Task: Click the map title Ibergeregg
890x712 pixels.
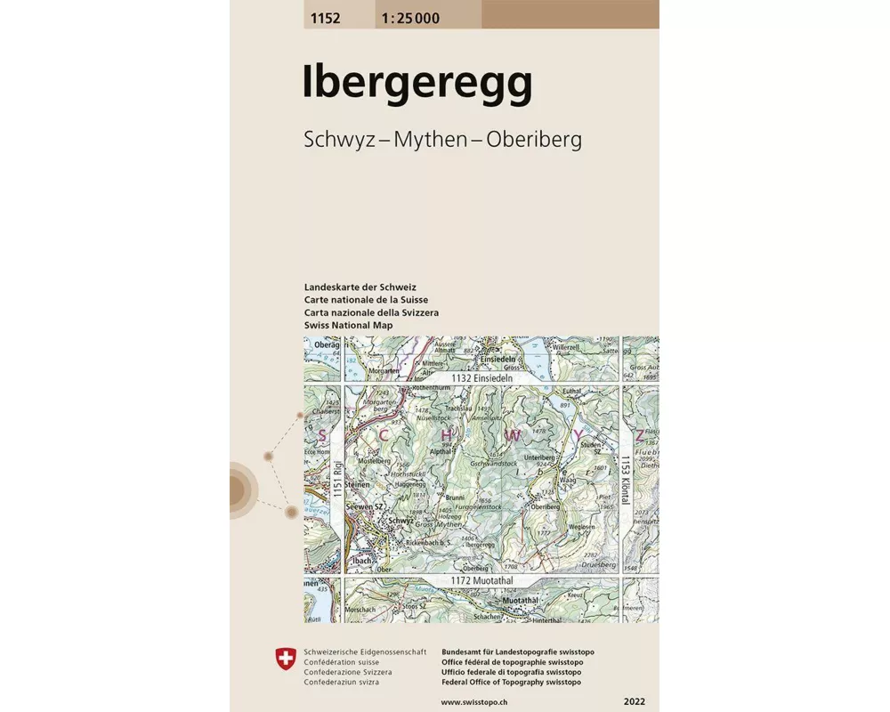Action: coord(417,83)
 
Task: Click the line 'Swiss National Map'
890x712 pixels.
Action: coord(348,326)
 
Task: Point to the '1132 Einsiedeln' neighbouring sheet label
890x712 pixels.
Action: coord(483,378)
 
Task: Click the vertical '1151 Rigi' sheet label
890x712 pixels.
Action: coord(337,479)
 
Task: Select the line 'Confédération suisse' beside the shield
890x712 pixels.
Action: coord(342,663)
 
